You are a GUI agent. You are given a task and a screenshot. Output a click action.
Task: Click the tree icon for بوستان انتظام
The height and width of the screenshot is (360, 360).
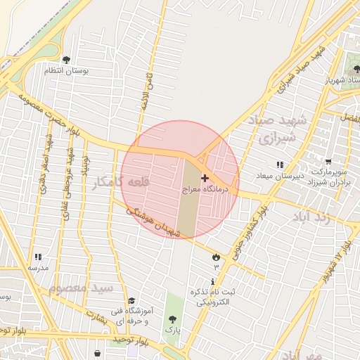[x=66, y=60]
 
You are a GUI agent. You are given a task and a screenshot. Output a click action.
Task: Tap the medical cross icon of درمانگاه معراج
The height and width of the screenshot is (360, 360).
[x=205, y=179]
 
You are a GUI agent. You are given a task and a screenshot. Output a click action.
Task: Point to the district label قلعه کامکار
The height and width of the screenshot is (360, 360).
[x=121, y=183]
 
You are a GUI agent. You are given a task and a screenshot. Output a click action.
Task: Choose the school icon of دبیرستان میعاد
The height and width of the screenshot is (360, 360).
[x=280, y=165]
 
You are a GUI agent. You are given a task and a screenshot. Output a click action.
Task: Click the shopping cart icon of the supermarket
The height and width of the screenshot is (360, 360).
[x=328, y=161]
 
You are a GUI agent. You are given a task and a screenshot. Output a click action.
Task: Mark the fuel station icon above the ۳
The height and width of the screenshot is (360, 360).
[x=215, y=257]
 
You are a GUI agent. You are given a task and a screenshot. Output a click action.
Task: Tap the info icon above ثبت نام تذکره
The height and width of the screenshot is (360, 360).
[x=213, y=281]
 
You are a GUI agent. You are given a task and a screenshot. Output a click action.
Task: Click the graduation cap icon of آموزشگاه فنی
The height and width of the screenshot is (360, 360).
[x=131, y=301]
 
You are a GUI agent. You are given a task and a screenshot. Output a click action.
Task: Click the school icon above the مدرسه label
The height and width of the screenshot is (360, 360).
[x=37, y=257]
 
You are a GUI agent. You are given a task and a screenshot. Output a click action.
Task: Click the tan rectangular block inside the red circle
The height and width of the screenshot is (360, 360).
[x=187, y=198]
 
